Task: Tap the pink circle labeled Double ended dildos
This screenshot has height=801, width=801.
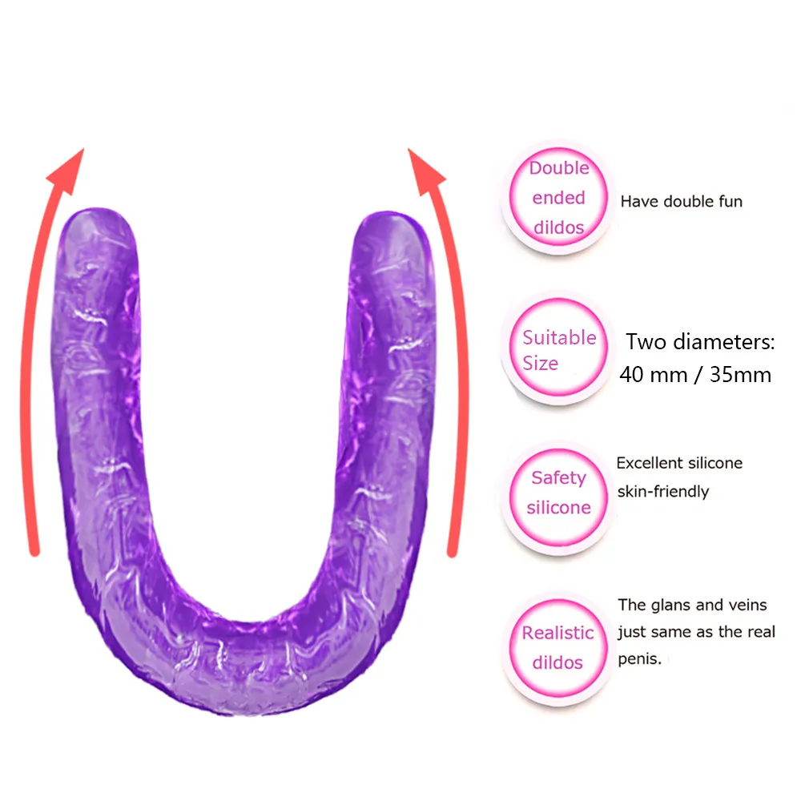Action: tap(558, 198)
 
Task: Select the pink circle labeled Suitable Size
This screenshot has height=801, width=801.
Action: tap(558, 349)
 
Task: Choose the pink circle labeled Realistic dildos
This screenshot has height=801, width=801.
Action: tap(558, 647)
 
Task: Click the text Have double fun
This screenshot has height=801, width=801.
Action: tap(681, 201)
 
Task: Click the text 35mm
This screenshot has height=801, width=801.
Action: tap(740, 374)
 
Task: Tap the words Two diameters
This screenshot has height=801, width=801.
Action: tap(699, 343)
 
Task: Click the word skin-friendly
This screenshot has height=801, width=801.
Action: tap(662, 491)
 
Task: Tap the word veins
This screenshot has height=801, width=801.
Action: tap(746, 605)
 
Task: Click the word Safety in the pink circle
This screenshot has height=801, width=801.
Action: tap(558, 477)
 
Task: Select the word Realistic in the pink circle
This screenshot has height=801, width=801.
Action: tap(558, 633)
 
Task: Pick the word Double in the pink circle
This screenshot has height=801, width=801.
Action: tap(558, 168)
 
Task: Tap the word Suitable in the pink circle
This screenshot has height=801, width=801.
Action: tap(559, 337)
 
